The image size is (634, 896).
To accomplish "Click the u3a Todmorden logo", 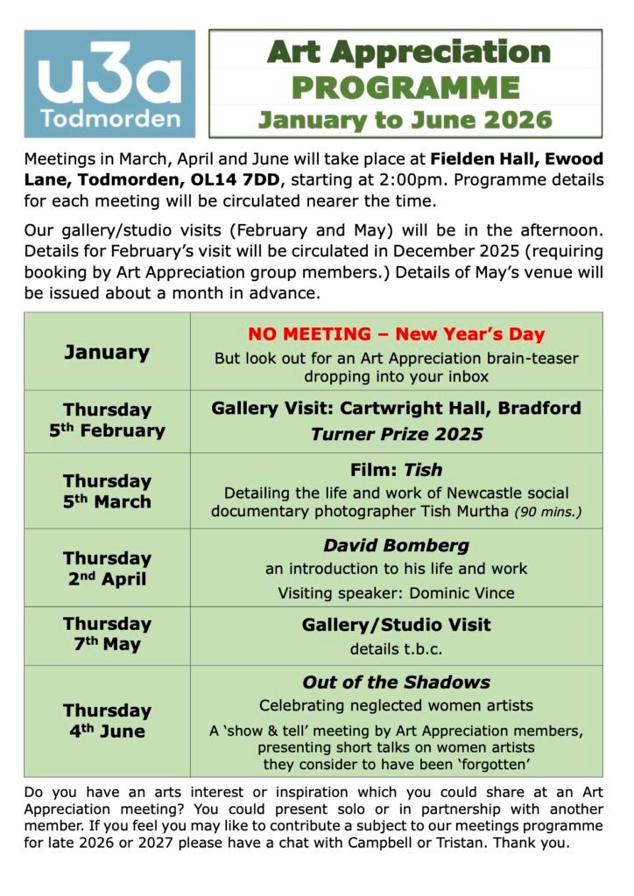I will pyautogui.click(x=109, y=83).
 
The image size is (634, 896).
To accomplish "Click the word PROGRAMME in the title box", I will pyautogui.click(x=405, y=87).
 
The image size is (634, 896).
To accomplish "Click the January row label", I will pyautogui.click(x=107, y=352).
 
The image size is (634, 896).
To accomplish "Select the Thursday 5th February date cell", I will pyautogui.click(x=107, y=420).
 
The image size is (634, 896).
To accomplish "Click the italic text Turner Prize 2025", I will pyautogui.click(x=396, y=434).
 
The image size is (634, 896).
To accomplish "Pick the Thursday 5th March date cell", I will pyautogui.click(x=107, y=491).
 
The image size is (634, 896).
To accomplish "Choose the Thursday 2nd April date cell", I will pyautogui.click(x=107, y=568).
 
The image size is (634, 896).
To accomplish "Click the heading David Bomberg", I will pyautogui.click(x=396, y=545).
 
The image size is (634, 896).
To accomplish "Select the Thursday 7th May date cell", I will pyautogui.click(x=107, y=634).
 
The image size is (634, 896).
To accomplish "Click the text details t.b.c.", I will pyautogui.click(x=396, y=649).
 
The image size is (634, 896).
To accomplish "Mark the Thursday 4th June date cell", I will pyautogui.click(x=107, y=720).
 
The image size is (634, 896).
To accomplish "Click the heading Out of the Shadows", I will pyautogui.click(x=396, y=682).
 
